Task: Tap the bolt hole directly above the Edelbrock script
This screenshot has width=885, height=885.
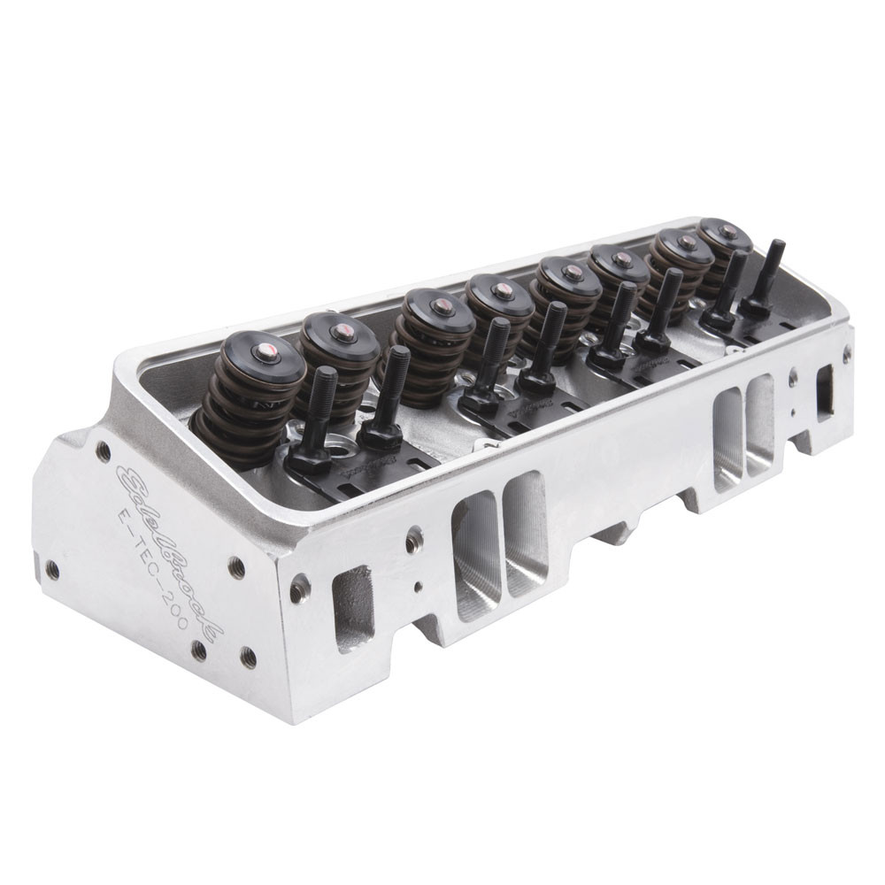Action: [x=104, y=451]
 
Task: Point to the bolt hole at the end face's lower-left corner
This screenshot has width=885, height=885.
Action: [x=53, y=571]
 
